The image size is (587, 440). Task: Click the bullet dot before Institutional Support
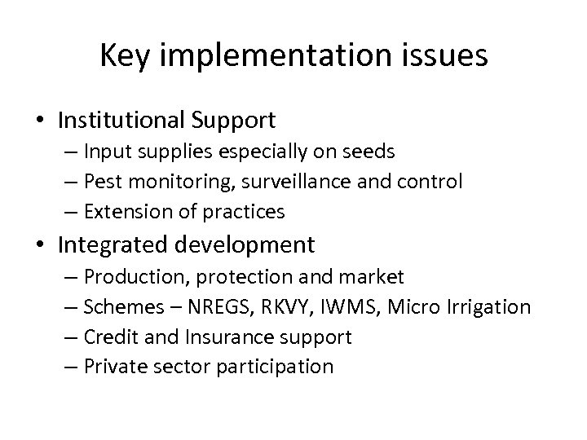point(40,121)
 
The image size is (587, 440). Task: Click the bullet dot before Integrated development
point(40,245)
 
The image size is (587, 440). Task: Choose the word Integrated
point(111,244)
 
